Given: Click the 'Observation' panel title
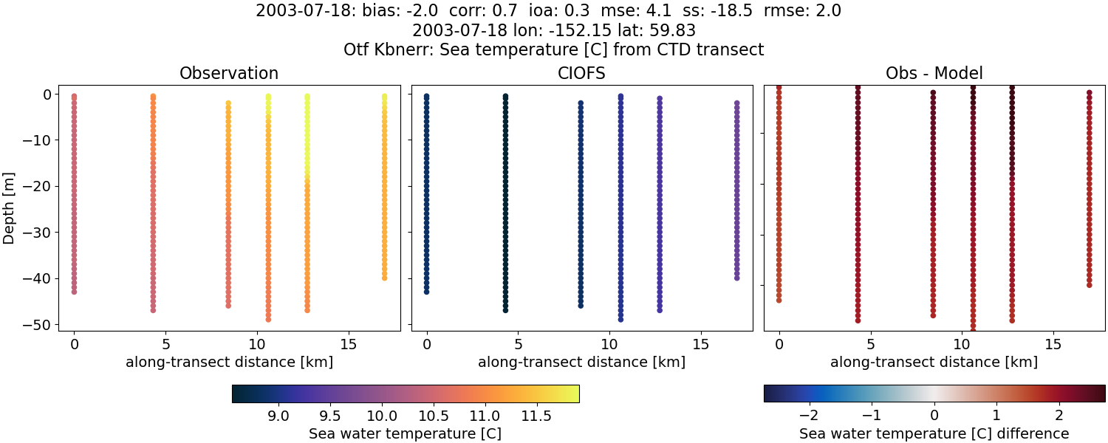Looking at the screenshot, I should (229, 73).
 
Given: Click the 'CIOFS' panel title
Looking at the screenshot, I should (582, 73).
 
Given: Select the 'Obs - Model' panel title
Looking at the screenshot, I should (934, 73).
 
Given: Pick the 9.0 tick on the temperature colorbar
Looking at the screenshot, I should (278, 416).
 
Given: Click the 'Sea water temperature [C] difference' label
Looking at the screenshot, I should (934, 433).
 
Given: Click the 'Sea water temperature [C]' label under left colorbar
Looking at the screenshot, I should (405, 433).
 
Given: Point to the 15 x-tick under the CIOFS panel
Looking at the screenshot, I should (700, 344).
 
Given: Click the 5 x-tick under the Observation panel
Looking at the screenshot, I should (165, 344).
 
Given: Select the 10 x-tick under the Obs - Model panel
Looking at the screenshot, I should (962, 344).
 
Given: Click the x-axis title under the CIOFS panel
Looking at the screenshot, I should (582, 362).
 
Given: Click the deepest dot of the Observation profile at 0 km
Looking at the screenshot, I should (74, 292).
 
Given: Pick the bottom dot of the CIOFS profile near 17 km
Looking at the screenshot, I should (736, 278).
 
